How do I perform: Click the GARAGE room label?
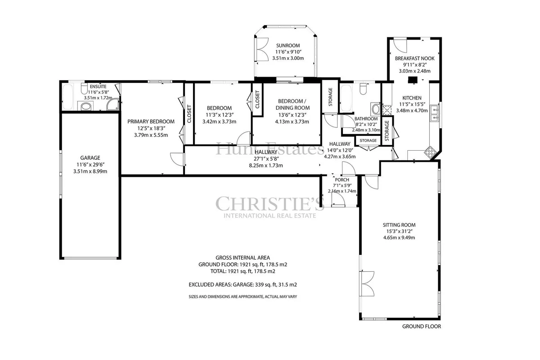[90, 157]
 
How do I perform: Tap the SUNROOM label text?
[288, 45]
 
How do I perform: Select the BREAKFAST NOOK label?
[414, 58]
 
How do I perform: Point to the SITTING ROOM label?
[399, 225]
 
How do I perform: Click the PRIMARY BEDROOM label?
[151, 121]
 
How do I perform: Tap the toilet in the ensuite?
[84, 89]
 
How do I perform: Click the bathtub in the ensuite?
[67, 97]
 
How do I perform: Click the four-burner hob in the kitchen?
[430, 152]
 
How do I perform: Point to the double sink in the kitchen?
[435, 113]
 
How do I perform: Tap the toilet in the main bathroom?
[363, 89]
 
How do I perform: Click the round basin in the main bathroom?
[376, 109]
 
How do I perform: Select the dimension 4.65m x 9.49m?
[399, 238]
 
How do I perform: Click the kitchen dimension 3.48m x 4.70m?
[412, 111]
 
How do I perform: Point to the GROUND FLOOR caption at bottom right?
[421, 327]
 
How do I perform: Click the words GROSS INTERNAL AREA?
[243, 257]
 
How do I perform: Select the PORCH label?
[342, 180]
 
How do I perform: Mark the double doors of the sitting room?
[367, 284]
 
